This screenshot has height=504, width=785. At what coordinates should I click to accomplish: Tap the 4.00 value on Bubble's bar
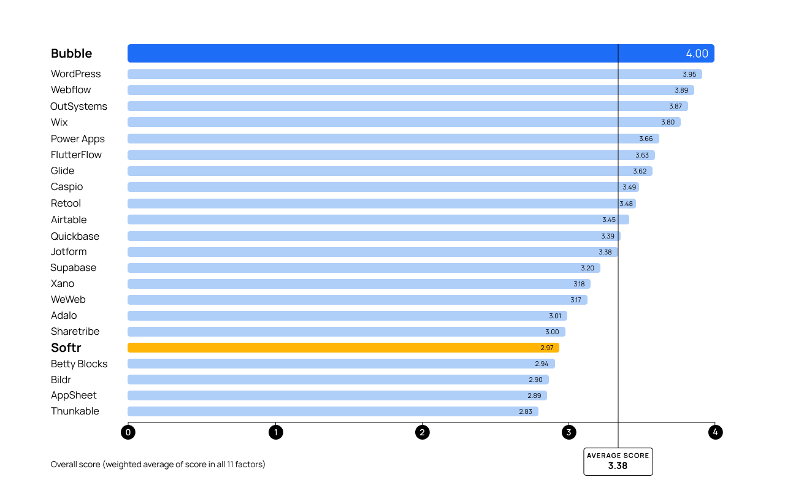click(x=697, y=53)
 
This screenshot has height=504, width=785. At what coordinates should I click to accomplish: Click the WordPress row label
click(x=75, y=74)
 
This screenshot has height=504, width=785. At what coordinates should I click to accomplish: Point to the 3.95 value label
click(x=689, y=74)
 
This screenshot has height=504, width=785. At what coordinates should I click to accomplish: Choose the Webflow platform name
click(x=71, y=90)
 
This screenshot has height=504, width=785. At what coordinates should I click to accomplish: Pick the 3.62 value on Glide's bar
click(x=640, y=171)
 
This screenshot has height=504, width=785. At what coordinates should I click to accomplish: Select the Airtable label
click(x=69, y=220)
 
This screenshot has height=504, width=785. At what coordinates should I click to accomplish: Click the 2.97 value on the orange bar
click(x=547, y=348)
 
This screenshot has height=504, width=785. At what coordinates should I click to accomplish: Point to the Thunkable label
click(x=75, y=411)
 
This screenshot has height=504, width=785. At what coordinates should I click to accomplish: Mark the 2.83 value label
click(x=526, y=411)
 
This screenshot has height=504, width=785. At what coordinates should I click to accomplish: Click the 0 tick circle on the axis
click(x=128, y=432)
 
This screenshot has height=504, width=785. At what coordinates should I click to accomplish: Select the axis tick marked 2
click(x=422, y=432)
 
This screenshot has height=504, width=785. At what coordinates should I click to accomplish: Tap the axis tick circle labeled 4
click(x=714, y=432)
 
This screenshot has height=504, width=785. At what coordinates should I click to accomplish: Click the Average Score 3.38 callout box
click(x=618, y=461)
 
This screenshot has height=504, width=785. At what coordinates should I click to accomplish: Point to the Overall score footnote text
click(x=158, y=464)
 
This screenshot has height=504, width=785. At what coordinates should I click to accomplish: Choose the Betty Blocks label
click(x=79, y=364)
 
